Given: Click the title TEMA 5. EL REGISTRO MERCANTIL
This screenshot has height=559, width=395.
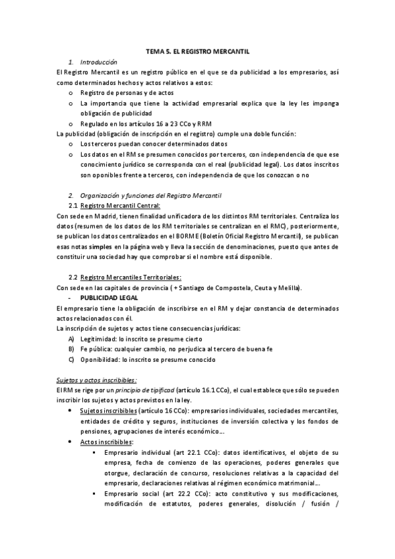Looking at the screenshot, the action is pos(197,50).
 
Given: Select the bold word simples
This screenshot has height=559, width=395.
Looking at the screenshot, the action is pos(100,247).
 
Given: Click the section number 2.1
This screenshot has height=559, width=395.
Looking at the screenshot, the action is pos(73,206).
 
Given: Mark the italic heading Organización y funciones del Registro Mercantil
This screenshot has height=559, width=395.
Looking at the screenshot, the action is pos(151,195).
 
